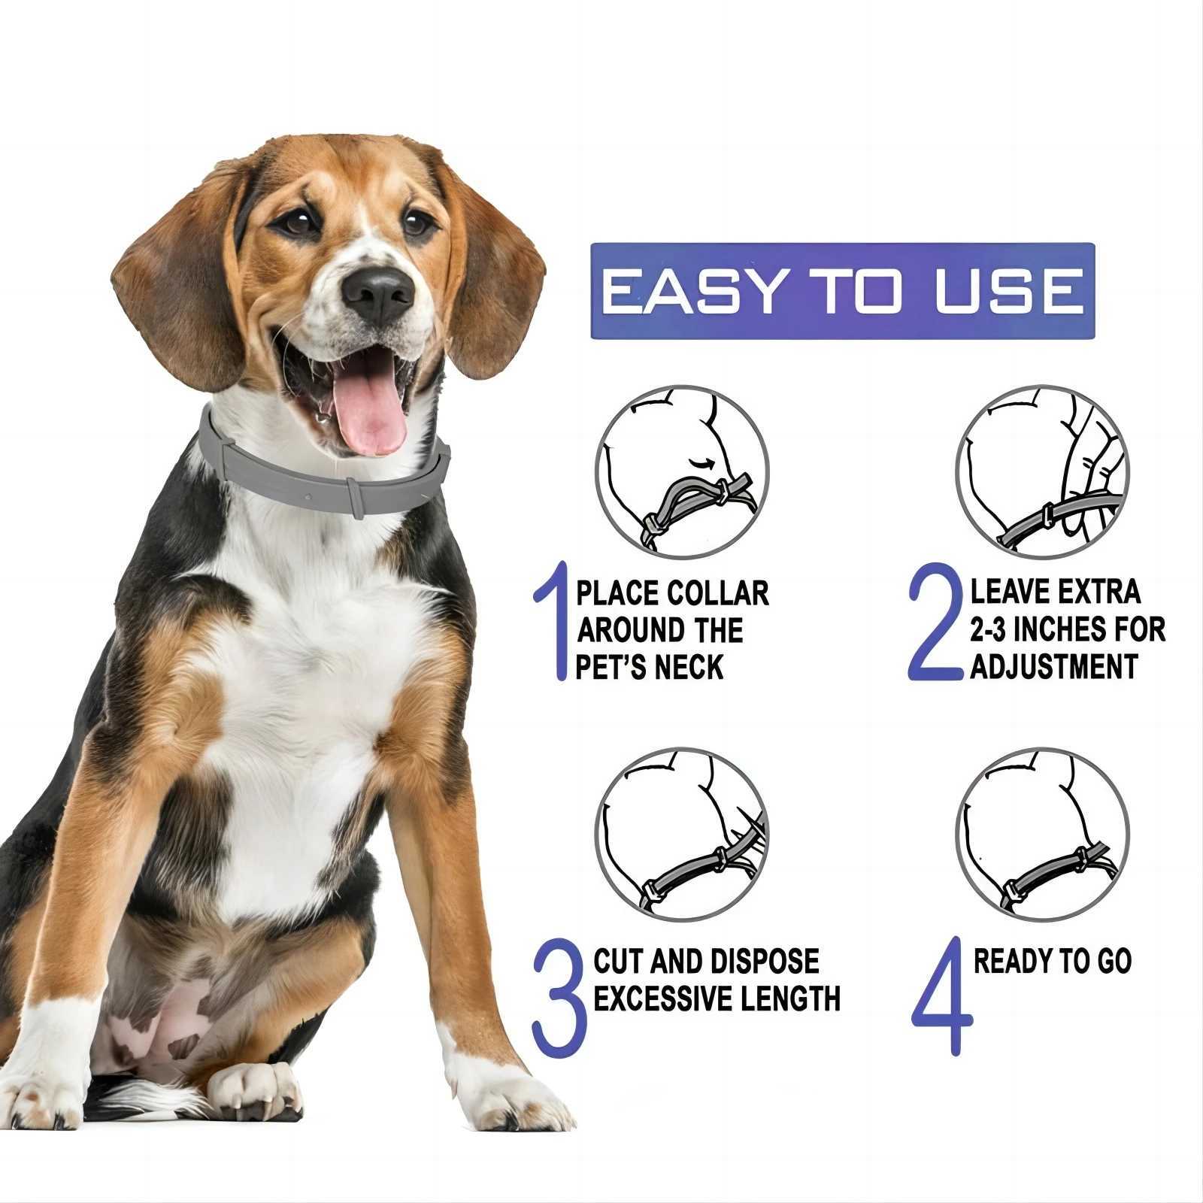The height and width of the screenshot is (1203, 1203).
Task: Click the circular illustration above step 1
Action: point(682,473)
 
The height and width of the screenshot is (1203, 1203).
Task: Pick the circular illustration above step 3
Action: point(682,835)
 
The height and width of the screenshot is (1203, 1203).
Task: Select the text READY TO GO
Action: point(1052,962)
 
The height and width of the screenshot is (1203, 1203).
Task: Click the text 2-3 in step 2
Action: point(988,630)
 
